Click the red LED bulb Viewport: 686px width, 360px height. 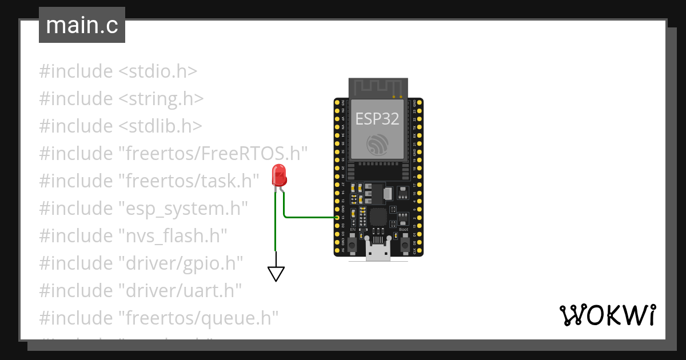279,174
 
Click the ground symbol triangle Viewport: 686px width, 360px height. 276,274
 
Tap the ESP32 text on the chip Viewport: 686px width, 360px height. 377,118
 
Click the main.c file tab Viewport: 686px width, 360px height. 82,26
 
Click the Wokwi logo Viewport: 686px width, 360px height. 607,315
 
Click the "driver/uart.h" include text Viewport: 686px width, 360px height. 180,290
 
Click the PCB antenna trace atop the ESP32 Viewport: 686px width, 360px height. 377,87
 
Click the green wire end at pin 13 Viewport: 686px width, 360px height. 336,217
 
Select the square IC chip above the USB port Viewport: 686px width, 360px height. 378,217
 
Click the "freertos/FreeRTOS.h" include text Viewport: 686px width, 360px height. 213,153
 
